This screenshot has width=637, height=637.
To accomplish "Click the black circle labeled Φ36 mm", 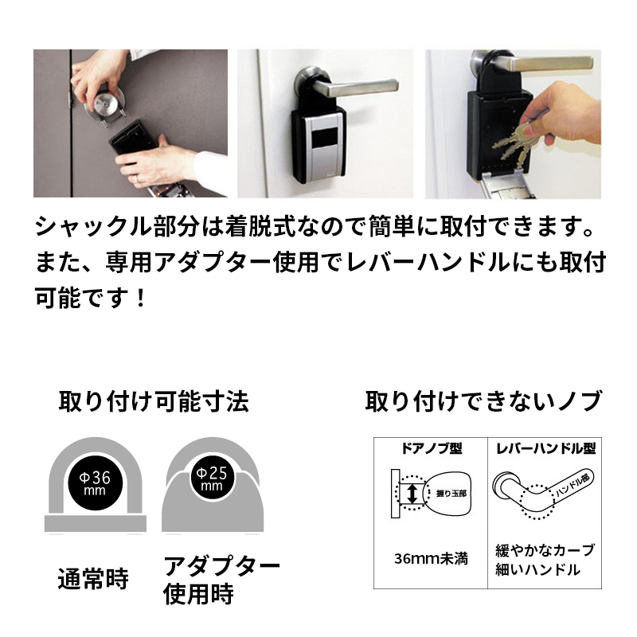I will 96,483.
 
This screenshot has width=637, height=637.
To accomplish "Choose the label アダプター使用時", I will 221,580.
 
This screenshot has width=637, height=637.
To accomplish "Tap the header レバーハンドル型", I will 545,448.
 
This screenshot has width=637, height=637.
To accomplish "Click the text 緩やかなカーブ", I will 545,550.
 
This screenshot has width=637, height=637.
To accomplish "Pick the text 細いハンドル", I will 545,569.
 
